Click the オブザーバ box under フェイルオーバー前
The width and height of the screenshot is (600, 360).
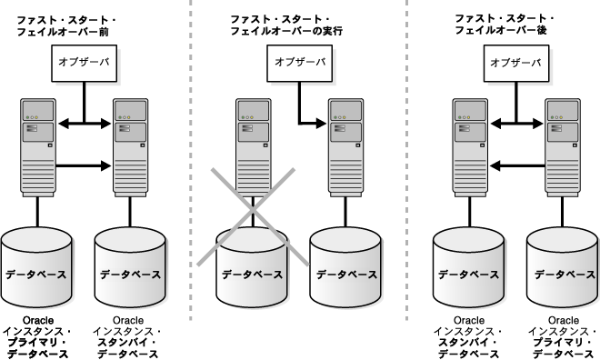pos(85,64)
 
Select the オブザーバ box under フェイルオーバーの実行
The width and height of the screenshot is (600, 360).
pos(300,64)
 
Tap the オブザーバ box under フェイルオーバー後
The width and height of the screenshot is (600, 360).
pos(516,64)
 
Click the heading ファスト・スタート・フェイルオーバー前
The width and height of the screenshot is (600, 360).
pos(66,26)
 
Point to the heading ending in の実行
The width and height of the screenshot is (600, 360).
pos(286,25)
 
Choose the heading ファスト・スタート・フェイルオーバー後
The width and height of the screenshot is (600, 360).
pos(504,25)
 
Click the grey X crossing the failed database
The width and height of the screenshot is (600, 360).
pos(253,216)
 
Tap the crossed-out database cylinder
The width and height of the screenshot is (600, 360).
pos(252,267)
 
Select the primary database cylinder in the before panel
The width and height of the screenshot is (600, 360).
pos(36,267)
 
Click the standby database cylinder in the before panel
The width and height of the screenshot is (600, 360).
pos(130,267)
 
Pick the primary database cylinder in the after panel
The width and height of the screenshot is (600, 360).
pos(562,267)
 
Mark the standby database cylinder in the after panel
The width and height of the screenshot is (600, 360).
pos(469,267)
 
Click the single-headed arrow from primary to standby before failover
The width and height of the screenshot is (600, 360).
pos(84,165)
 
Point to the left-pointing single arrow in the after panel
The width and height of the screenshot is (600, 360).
pos(517,165)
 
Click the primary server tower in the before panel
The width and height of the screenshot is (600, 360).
pos(38,147)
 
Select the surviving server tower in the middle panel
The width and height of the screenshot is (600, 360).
pos(346,147)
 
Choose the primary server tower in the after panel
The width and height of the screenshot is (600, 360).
pos(563,147)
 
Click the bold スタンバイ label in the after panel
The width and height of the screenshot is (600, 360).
pos(463,343)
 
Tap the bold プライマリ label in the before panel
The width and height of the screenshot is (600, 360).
pos(33,343)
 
